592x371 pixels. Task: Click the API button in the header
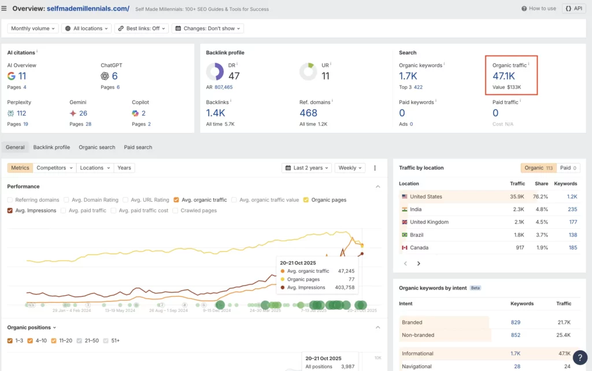tap(573, 9)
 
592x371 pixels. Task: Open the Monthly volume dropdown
tap(34, 28)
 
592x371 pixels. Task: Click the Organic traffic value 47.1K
tap(504, 76)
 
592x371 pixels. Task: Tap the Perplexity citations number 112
tap(21, 113)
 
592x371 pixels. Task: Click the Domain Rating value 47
tap(234, 76)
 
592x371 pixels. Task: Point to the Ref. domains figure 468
tap(308, 113)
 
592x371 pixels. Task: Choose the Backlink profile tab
tap(51, 147)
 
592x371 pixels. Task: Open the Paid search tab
tap(138, 147)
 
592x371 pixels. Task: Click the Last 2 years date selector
tap(307, 168)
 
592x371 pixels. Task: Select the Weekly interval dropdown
tap(350, 168)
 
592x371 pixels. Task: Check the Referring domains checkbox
tap(10, 200)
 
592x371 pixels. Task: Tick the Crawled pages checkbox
tap(176, 210)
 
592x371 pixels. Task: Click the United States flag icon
tap(404, 196)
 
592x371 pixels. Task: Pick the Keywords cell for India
tap(572, 209)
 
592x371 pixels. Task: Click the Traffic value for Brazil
tap(518, 235)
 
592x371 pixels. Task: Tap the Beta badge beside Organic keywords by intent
tap(475, 288)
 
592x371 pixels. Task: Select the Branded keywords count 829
tap(516, 322)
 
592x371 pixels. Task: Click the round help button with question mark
tap(580, 357)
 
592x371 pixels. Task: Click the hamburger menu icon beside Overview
tap(5, 9)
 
